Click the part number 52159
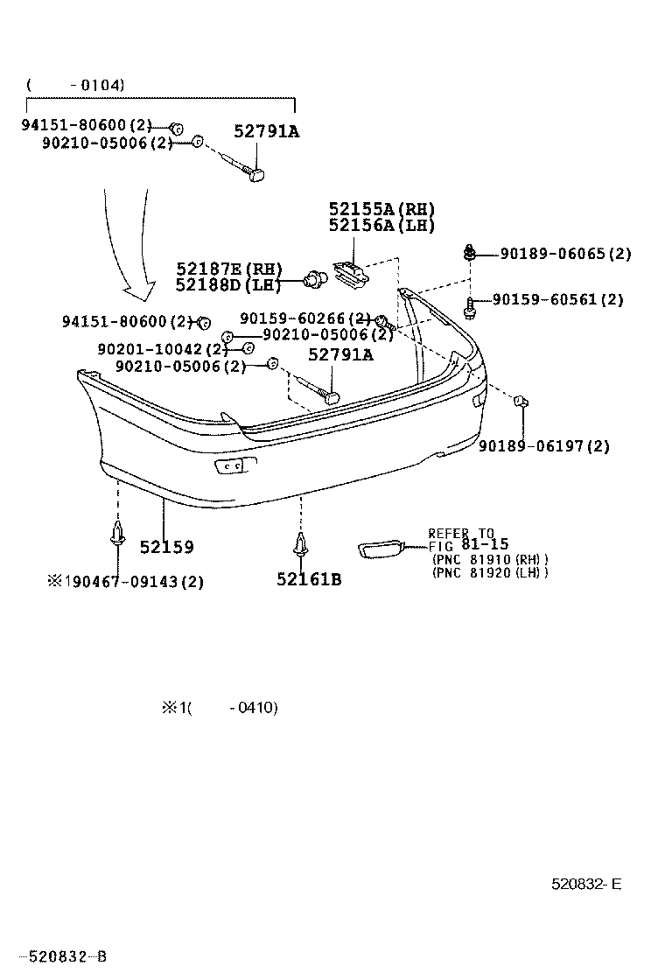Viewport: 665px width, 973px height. [166, 547]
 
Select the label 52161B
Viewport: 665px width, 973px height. [309, 578]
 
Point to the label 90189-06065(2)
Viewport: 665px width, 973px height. [565, 255]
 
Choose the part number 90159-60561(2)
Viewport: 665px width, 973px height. [557, 299]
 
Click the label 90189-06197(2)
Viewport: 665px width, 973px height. [543, 446]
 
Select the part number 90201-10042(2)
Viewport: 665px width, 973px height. [156, 349]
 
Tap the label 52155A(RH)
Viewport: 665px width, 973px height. [381, 209]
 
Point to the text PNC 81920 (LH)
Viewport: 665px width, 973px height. [490, 572]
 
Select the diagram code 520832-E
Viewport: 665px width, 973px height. [586, 884]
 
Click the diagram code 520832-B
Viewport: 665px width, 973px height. [64, 956]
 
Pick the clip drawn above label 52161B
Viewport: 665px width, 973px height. [300, 545]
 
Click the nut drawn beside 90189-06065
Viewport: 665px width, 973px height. [469, 254]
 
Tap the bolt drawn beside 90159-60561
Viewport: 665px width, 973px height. [471, 306]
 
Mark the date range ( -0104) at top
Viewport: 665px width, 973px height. [75, 85]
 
